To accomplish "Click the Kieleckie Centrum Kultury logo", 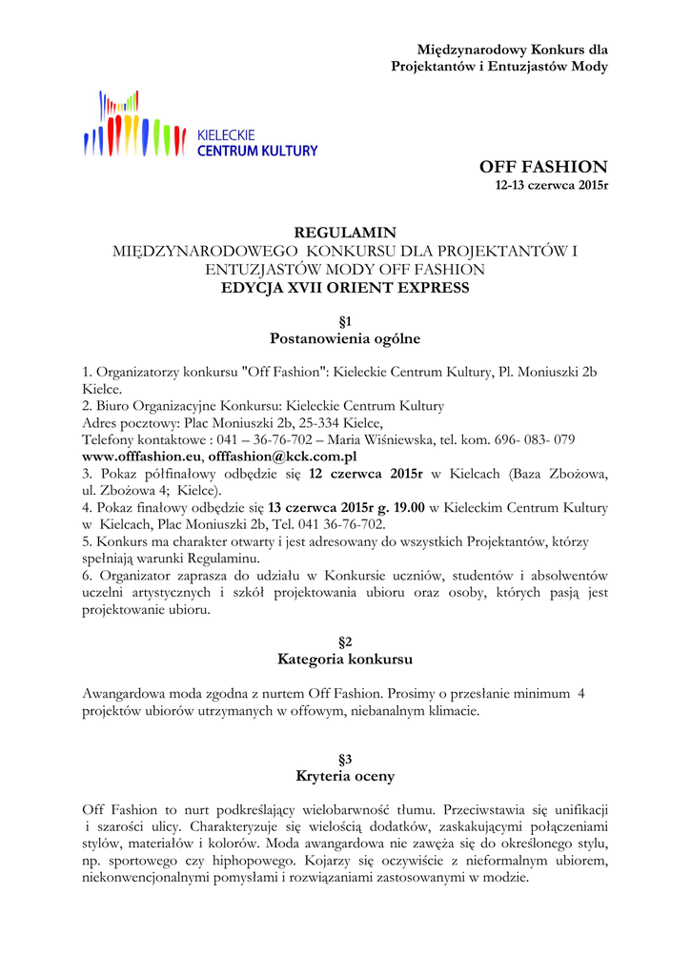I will (x=200, y=126).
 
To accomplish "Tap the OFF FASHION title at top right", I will (x=543, y=167).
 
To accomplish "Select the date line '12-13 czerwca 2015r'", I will (x=549, y=185).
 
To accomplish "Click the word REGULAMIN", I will (x=345, y=233).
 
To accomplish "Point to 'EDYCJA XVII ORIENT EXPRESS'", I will (x=345, y=288).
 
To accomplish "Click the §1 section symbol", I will (x=345, y=321).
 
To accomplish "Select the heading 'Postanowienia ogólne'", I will (x=345, y=338).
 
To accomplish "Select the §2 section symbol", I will (x=345, y=641).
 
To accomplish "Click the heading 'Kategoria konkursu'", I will (x=345, y=659).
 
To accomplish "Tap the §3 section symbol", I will (x=345, y=759).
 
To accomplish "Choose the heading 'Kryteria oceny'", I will (x=345, y=776).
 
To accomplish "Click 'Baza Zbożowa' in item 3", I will (x=561, y=473).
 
